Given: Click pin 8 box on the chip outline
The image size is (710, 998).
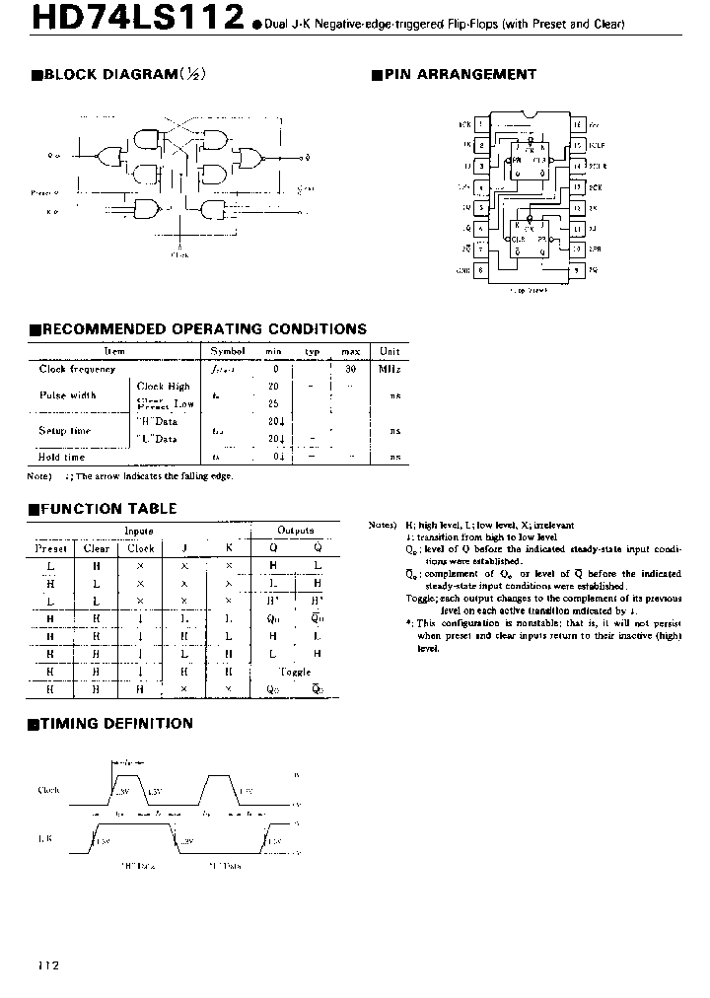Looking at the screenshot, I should click(x=480, y=269).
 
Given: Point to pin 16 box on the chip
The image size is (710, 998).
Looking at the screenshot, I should click(x=577, y=125).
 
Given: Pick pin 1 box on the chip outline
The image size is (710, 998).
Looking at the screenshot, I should click(x=480, y=125).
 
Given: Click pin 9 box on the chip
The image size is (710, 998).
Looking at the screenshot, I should click(x=577, y=269).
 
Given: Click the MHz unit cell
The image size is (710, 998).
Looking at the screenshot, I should click(x=390, y=369).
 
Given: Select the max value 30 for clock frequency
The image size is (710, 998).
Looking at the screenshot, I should click(x=349, y=369).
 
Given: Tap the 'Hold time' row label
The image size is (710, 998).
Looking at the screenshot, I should click(x=62, y=457).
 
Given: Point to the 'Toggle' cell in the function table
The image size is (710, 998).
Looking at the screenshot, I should click(x=296, y=671).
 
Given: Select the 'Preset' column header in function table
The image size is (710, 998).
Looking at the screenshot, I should click(x=51, y=547).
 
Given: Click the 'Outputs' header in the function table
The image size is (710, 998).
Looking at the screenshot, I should click(x=296, y=531).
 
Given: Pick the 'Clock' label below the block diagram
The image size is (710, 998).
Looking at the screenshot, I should click(x=179, y=253).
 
